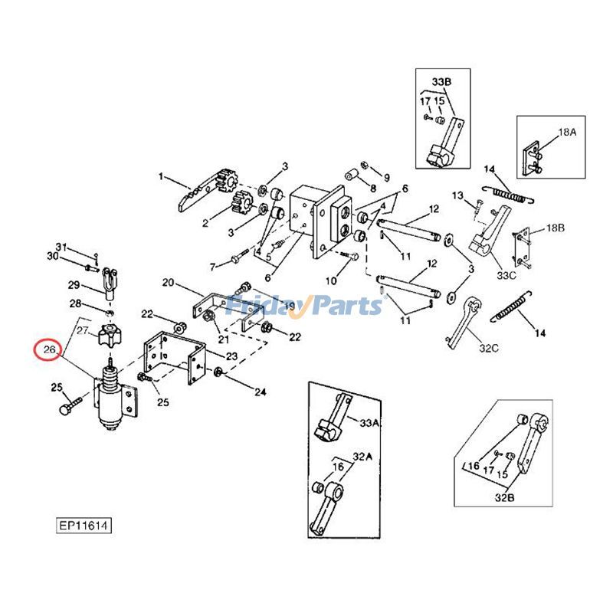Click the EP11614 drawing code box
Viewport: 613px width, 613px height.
pos(84,527)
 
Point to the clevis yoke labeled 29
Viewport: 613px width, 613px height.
pos(112,286)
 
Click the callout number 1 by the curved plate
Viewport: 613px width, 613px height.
pos(161,177)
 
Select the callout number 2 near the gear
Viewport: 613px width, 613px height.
pos(205,224)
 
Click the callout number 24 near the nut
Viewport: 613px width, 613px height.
pos(261,393)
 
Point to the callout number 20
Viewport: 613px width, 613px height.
pos(168,283)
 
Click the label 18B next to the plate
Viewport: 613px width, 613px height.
pos(556,228)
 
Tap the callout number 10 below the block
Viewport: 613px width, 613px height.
pos(331,281)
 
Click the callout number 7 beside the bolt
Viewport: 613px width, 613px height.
pos(212,267)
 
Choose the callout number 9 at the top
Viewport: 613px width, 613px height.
pos(386,177)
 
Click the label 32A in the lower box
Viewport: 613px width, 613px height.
pos(360,456)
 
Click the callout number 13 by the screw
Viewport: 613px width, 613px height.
pos(457,196)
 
